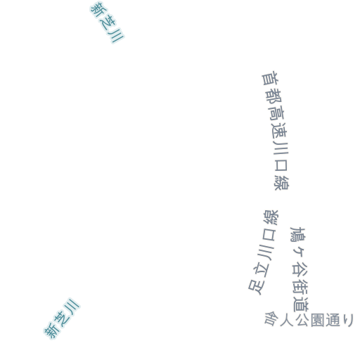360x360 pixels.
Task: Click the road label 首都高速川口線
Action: [276, 131]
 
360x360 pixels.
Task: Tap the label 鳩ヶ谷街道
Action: [300, 269]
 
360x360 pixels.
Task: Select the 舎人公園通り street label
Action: [309, 319]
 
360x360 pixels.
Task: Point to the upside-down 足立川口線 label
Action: [264, 252]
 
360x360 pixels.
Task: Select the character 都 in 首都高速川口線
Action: [273, 96]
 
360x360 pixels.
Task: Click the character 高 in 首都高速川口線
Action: [276, 113]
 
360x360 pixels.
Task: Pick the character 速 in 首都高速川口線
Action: [279, 131]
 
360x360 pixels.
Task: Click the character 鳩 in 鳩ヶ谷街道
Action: [297, 234]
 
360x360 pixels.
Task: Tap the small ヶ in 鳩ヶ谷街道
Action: [299, 252]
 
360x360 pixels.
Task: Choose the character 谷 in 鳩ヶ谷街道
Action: [300, 269]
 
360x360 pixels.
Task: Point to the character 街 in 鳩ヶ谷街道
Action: [300, 286]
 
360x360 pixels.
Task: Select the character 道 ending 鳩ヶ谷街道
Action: [301, 304]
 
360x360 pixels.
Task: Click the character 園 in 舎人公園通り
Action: [317, 320]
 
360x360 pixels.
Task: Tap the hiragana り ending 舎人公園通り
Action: [348, 320]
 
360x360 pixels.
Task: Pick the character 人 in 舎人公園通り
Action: [286, 320]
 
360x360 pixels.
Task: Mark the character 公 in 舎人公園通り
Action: [302, 320]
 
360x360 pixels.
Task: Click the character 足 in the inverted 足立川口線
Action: [257, 287]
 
